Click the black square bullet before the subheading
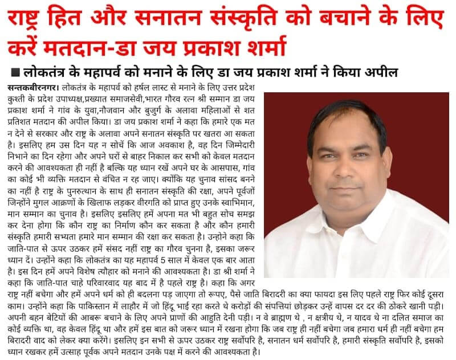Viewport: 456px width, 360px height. (x=14, y=73)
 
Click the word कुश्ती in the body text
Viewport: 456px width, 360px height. (x=20, y=101)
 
